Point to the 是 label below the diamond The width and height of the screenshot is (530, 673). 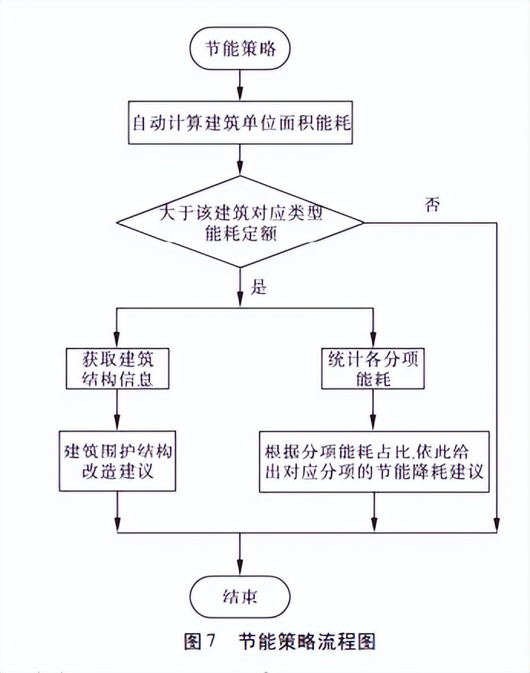[x=259, y=287]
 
